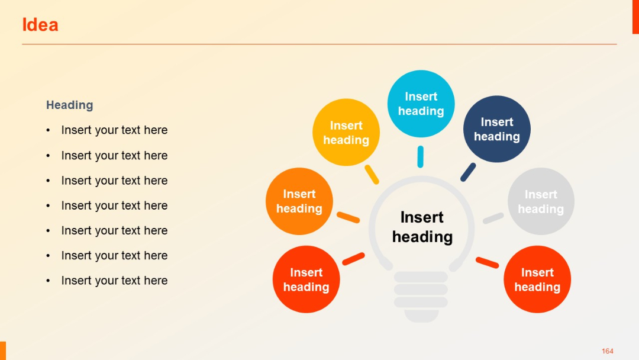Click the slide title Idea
[40, 25]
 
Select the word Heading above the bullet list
[70, 105]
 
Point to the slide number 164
[607, 351]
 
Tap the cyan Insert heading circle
[421, 104]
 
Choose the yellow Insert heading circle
[346, 132]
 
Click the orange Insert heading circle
[299, 201]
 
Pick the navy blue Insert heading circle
[496, 129]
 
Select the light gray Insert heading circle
[541, 201]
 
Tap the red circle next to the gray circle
[537, 279]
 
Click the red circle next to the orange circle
[306, 279]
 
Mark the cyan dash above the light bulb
[420, 157]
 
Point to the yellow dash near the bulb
[372, 174]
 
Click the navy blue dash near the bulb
[468, 172]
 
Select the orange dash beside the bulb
[348, 217]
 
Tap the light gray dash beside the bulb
[493, 218]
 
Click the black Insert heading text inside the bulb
[422, 227]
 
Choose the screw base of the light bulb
[421, 295]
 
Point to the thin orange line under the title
[319, 44]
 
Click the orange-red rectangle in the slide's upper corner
[635, 17]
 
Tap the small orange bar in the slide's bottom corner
[2, 351]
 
